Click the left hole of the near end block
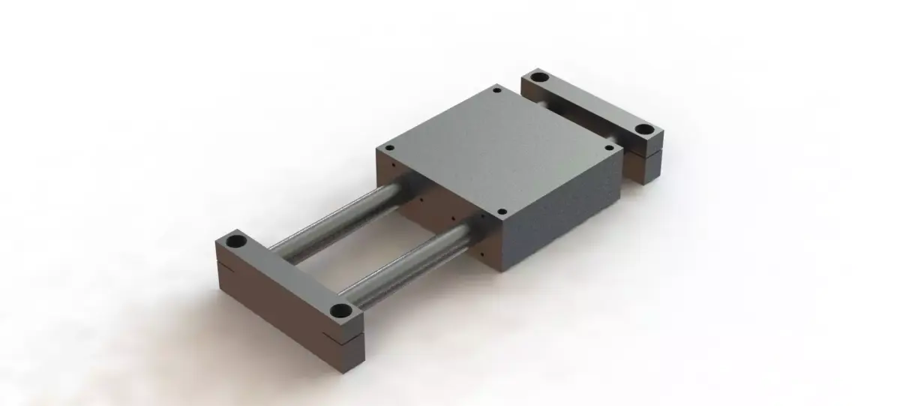[x=236, y=242]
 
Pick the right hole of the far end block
[x=643, y=129]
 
